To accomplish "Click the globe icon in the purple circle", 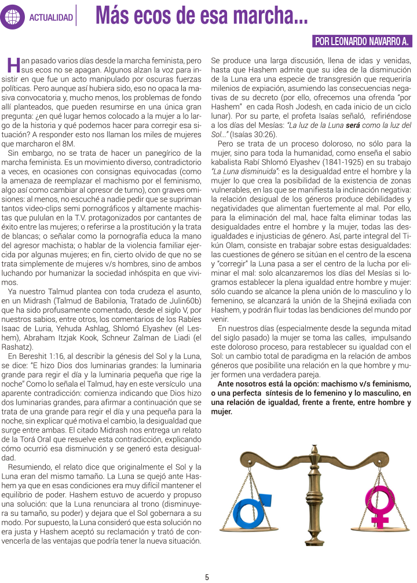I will (13, 17).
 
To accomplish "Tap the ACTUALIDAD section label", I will (51, 18).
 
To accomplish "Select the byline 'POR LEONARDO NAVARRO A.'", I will (362, 42).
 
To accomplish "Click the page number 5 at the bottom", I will (207, 577).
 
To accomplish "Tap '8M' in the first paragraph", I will (69, 144).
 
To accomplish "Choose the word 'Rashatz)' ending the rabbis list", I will (22, 346).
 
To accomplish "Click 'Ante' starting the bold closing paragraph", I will (226, 384).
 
